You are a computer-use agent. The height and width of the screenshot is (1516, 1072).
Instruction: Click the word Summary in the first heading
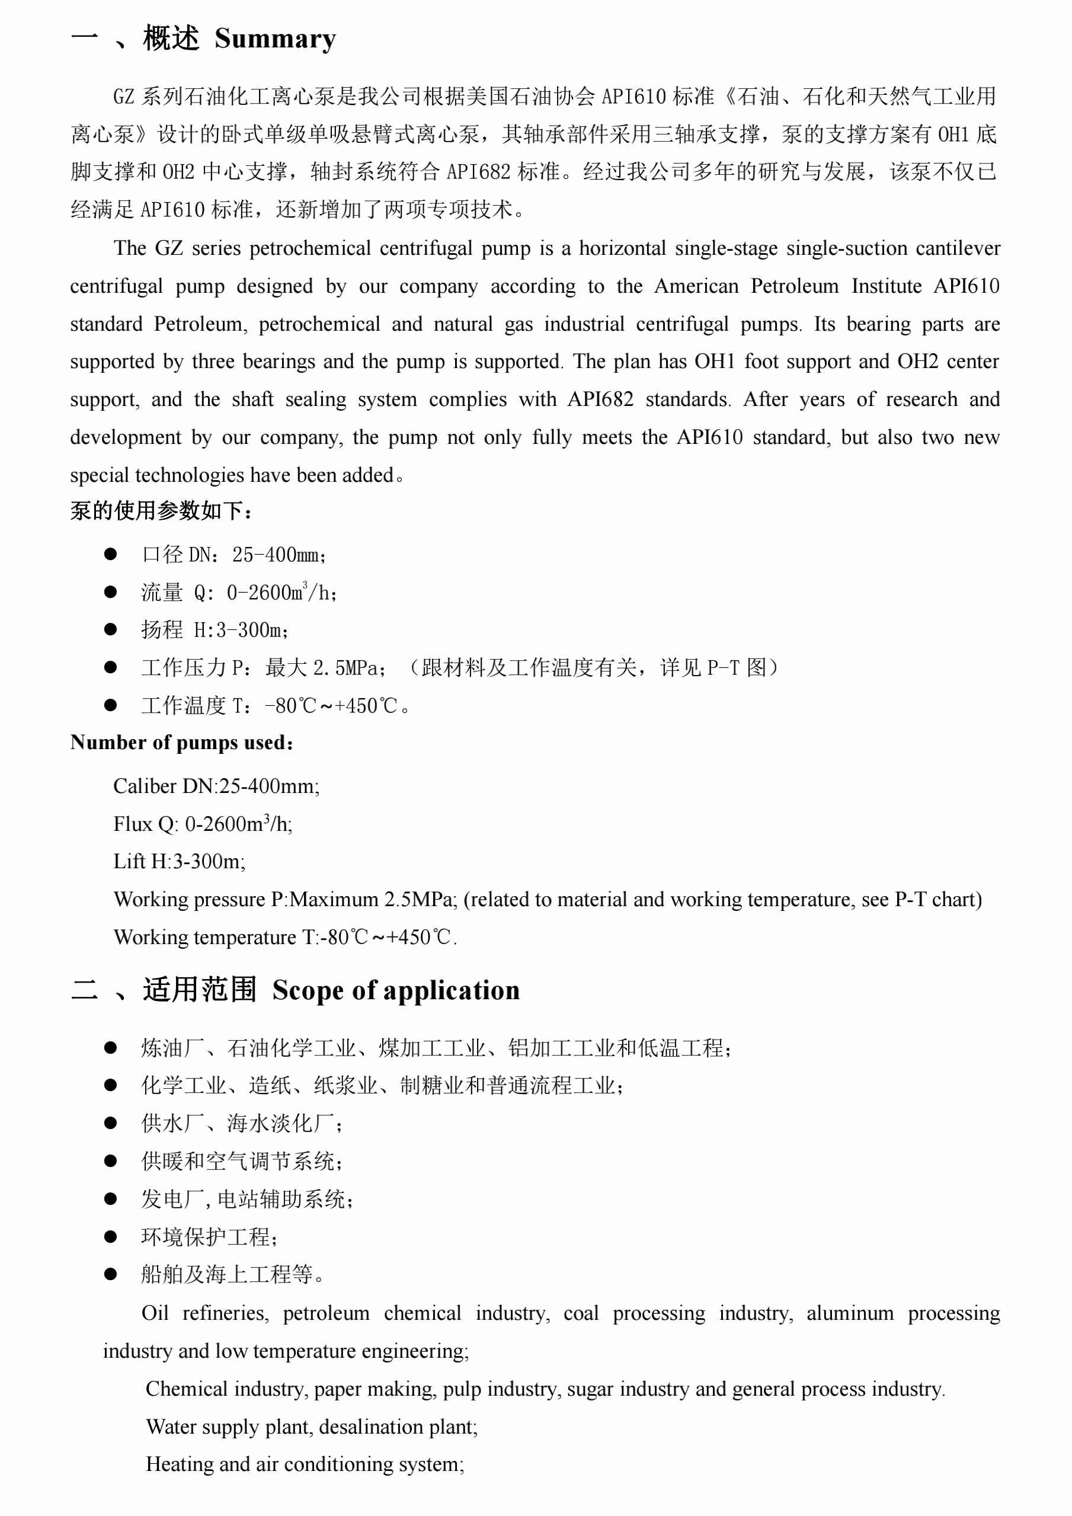pyautogui.click(x=276, y=40)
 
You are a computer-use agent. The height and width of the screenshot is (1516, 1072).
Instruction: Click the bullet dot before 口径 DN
pyautogui.click(x=110, y=554)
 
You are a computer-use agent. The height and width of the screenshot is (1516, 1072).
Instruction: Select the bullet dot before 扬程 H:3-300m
pyautogui.click(x=110, y=629)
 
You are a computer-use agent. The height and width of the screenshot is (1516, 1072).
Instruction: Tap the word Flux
pyautogui.click(x=133, y=824)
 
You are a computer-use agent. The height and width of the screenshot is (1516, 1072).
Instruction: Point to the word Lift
pyautogui.click(x=129, y=862)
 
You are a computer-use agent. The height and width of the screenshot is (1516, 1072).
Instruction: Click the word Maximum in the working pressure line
pyautogui.click(x=334, y=899)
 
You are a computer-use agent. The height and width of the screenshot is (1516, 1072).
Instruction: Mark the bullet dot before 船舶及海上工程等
pyautogui.click(x=110, y=1274)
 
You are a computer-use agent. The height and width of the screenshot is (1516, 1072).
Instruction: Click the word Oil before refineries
pyautogui.click(x=155, y=1313)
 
